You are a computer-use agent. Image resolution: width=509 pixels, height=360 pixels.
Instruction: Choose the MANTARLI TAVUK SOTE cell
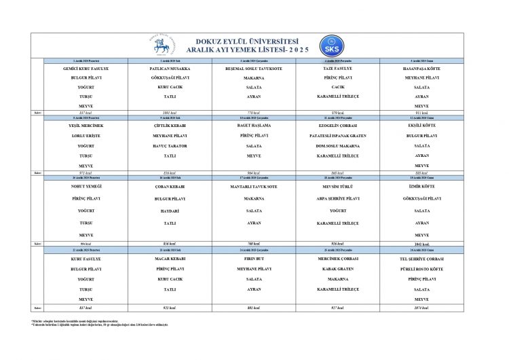click(254, 185)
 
